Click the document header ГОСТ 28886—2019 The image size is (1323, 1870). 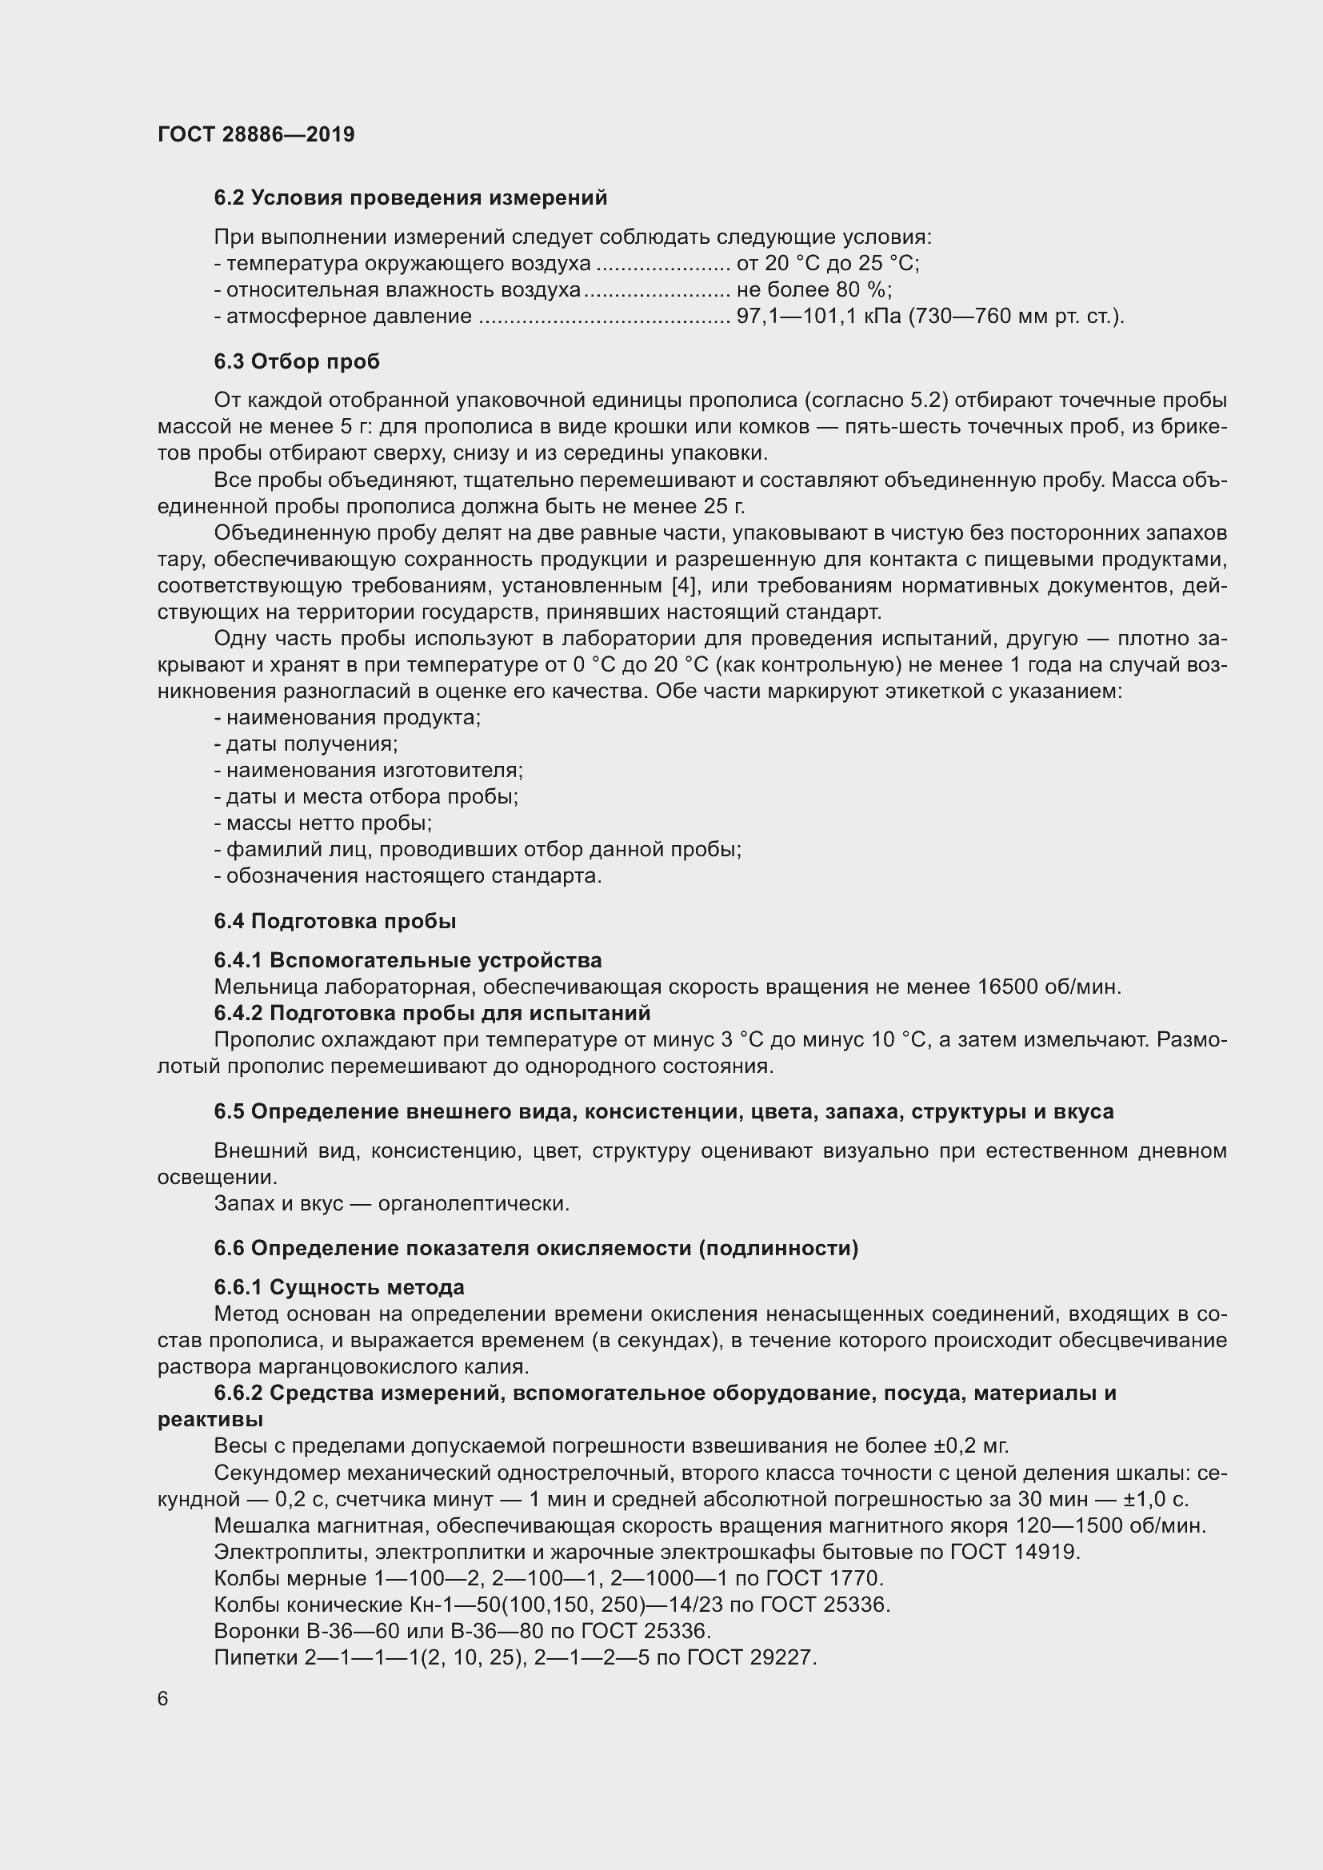tap(256, 134)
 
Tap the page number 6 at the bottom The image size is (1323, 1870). tap(163, 1698)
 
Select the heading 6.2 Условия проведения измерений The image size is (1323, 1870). tap(410, 198)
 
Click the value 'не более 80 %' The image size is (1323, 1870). tap(813, 290)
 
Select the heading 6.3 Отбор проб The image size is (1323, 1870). tap(297, 361)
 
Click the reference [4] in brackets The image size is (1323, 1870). tap(681, 585)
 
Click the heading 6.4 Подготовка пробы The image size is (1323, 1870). tap(335, 921)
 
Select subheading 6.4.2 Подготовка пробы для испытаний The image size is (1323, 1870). tap(432, 1013)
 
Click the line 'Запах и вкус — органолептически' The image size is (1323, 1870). tap(391, 1203)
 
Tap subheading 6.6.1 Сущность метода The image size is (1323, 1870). tap(339, 1288)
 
